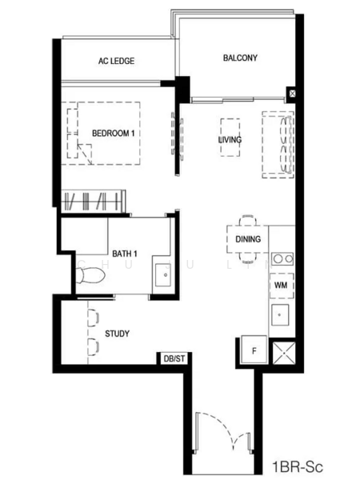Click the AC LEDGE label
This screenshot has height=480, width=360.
pyautogui.click(x=116, y=61)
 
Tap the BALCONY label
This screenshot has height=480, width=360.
pyautogui.click(x=240, y=58)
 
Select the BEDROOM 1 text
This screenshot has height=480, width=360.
pyautogui.click(x=114, y=133)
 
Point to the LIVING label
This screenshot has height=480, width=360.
pyautogui.click(x=230, y=139)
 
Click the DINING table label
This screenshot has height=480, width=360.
pyautogui.click(x=248, y=238)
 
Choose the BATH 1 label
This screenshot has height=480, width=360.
pyautogui.click(x=125, y=254)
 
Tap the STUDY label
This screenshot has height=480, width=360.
pyautogui.click(x=118, y=334)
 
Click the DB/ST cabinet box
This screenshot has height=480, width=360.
pyautogui.click(x=174, y=358)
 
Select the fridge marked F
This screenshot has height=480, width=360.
pyautogui.click(x=254, y=350)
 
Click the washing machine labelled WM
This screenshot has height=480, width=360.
pyautogui.click(x=282, y=286)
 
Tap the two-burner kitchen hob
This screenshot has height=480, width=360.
pyautogui.click(x=282, y=259)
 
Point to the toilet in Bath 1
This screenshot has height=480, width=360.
pyautogui.click(x=90, y=275)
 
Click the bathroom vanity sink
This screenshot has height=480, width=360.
pyautogui.click(x=163, y=275)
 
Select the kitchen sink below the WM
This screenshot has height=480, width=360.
pyautogui.click(x=280, y=315)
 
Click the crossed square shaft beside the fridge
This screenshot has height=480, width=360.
pyautogui.click(x=284, y=353)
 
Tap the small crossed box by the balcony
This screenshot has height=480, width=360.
pyautogui.click(x=292, y=94)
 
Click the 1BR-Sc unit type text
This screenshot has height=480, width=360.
pyautogui.click(x=298, y=467)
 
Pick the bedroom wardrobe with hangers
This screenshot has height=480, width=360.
pyautogui.click(x=94, y=201)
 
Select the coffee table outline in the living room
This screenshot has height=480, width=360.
pyautogui.click(x=230, y=138)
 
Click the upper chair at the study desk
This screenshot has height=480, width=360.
pyautogui.click(x=93, y=318)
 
